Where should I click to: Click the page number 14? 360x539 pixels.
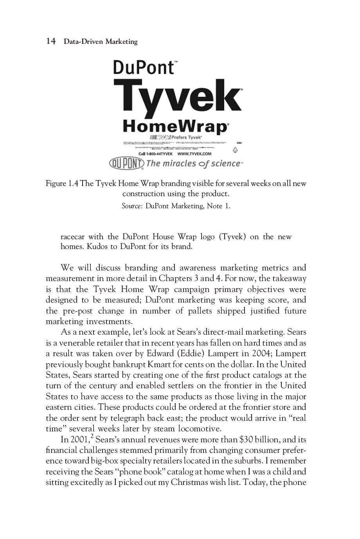click(51, 41)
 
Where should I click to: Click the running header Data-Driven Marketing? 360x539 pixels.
click(101, 41)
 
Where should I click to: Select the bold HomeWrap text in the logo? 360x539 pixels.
click(175, 126)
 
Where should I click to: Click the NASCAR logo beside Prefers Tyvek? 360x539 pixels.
click(160, 137)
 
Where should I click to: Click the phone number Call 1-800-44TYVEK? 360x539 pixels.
click(156, 154)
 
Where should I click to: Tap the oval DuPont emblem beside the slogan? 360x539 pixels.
click(126, 163)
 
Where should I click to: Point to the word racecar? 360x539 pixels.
click(72, 236)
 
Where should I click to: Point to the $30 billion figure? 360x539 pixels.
click(258, 439)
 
